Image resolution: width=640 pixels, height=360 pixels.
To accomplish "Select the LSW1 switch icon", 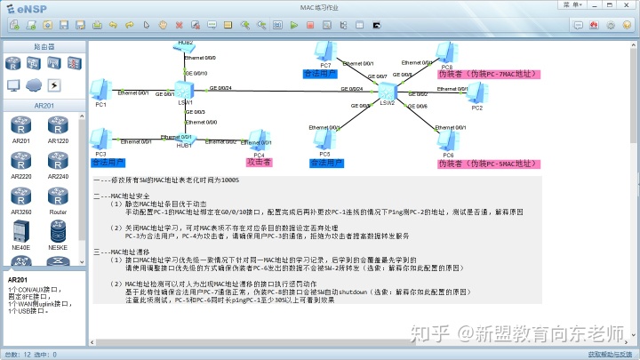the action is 185,90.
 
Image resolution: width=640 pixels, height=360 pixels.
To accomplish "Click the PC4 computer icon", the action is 259,139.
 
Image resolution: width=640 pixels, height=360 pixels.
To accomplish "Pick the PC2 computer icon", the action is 476,93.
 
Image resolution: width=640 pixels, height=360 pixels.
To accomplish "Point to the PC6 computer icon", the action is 448,139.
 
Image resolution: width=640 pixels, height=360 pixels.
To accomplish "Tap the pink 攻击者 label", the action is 259,163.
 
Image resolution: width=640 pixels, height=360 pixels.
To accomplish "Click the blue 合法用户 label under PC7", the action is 320,74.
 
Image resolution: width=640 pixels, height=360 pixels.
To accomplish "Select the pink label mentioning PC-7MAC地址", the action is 489,75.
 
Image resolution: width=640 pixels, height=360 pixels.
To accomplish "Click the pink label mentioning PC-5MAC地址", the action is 489,164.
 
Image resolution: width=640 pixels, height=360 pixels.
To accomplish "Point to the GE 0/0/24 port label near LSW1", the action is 220,88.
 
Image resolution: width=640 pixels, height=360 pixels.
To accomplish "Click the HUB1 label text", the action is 184,145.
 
